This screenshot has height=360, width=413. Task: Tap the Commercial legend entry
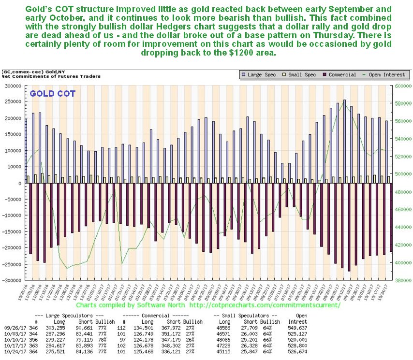click(341, 74)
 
